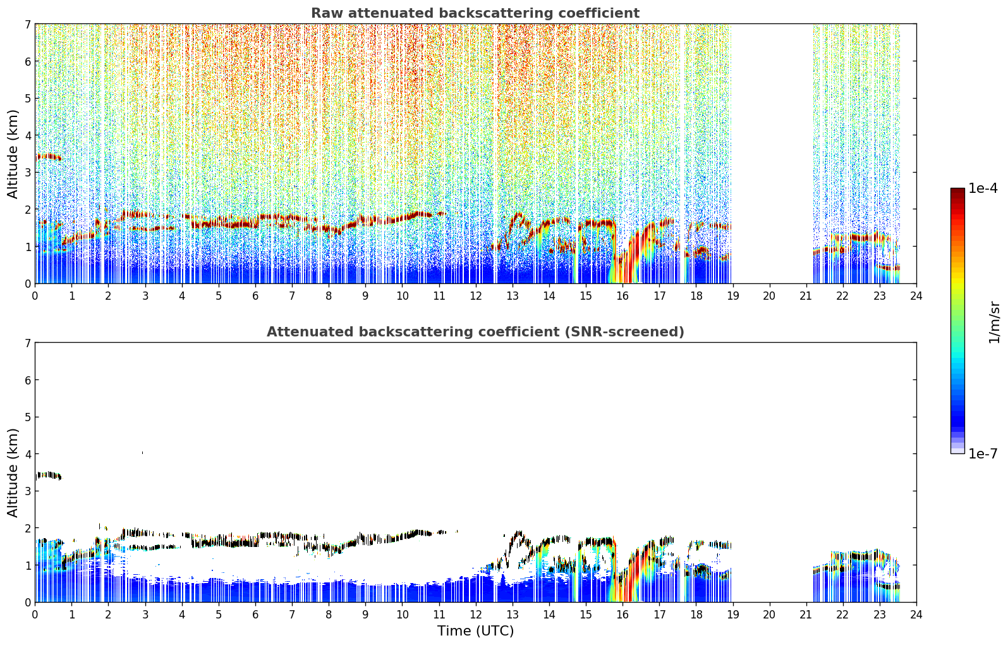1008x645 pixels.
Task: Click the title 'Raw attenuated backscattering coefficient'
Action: (475, 13)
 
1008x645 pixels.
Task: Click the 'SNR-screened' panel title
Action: (475, 331)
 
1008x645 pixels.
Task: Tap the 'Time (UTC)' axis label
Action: (475, 630)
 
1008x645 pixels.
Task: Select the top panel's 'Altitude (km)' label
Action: (13, 154)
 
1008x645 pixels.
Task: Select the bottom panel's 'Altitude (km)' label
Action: (13, 472)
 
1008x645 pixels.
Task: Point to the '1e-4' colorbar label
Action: (983, 188)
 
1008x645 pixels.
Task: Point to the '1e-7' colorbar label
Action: (983, 453)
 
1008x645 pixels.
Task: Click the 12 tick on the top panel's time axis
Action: (476, 296)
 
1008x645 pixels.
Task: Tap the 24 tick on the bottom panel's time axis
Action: (916, 615)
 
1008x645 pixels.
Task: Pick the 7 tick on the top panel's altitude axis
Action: (28, 24)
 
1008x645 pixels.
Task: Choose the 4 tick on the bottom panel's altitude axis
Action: (28, 454)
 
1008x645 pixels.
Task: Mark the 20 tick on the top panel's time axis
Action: (770, 296)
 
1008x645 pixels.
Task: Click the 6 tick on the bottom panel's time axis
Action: (255, 615)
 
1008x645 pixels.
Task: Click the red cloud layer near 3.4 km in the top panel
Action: (48, 157)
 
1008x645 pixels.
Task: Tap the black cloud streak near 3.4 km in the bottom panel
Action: (48, 475)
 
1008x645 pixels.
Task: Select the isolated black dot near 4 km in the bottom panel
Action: (143, 453)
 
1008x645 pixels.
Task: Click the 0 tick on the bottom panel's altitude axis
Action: (28, 602)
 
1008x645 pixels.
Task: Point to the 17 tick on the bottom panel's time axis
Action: (659, 615)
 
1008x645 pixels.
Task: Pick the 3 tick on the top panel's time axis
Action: (145, 296)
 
